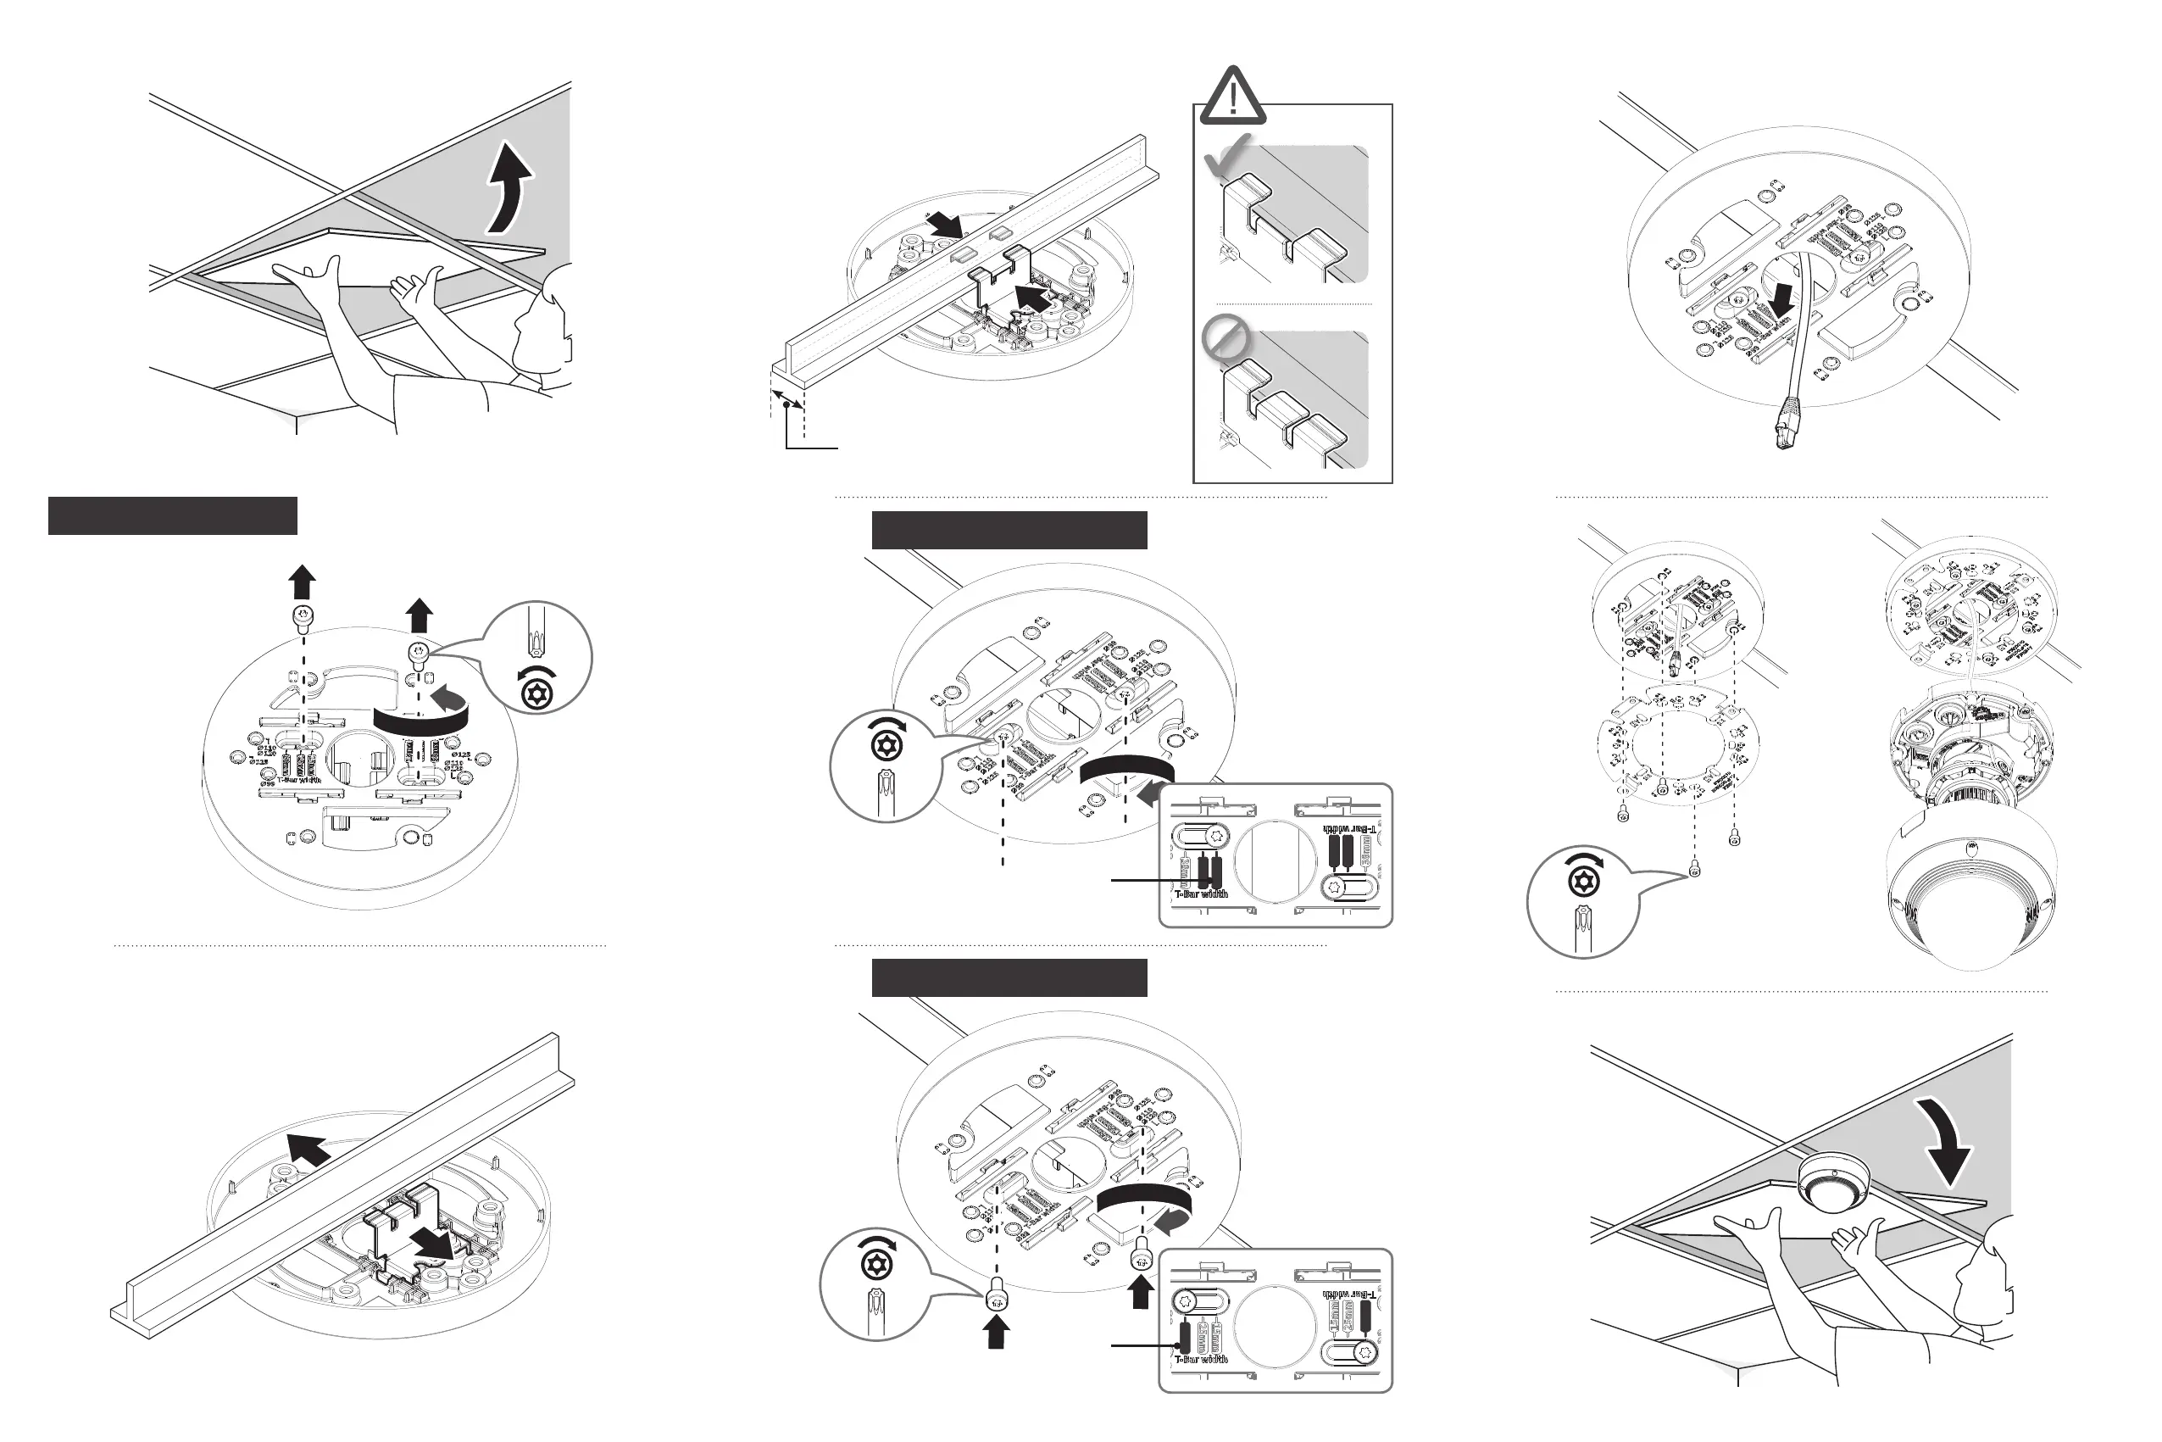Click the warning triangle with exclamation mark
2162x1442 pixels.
pos(1232,96)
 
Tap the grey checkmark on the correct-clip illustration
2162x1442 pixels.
pos(1228,155)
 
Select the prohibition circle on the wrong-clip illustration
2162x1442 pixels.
pos(1226,338)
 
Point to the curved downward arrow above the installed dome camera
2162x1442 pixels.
pos(1945,1139)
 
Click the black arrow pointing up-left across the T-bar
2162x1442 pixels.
pos(308,1150)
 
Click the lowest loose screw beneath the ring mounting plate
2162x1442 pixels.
pos(1696,869)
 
